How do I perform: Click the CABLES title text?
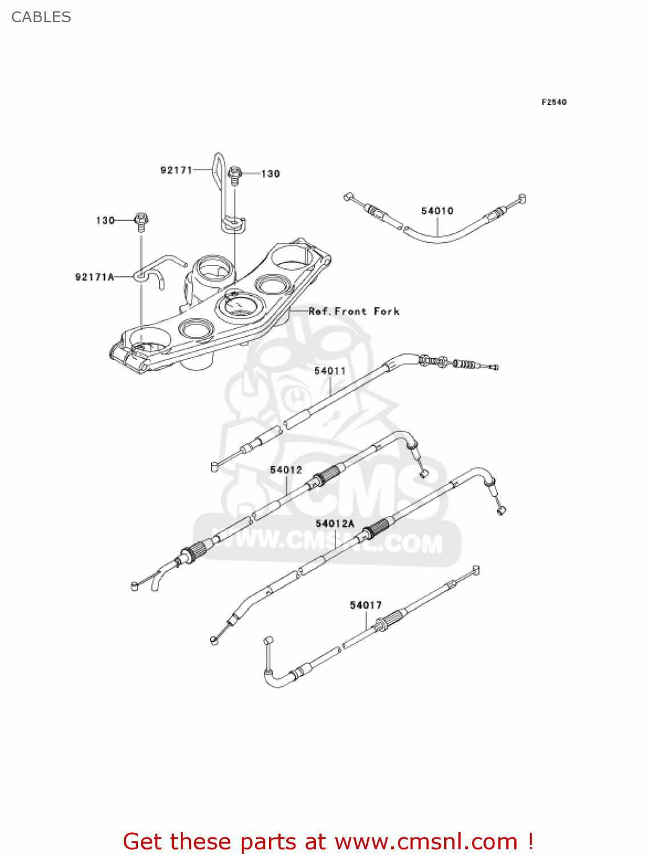[41, 17]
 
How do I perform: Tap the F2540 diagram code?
[554, 102]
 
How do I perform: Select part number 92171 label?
[176, 170]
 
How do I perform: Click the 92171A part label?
[95, 277]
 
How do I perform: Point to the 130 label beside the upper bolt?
[270, 173]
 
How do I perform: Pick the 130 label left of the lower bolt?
[105, 220]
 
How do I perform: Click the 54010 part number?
[437, 211]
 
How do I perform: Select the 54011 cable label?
[330, 370]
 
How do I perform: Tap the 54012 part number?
[286, 470]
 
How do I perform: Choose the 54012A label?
[335, 523]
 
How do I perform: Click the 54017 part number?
[365, 605]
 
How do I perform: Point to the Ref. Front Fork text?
[354, 311]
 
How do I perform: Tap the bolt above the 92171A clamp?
[141, 221]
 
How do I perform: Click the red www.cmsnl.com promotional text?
[328, 841]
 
